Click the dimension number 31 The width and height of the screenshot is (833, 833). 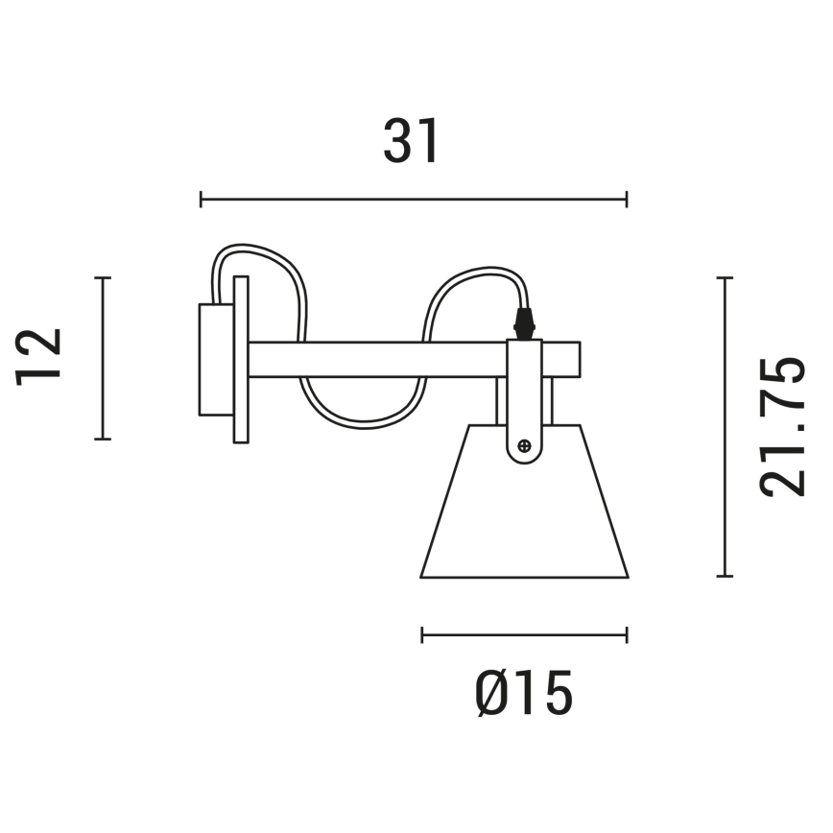pyautogui.click(x=412, y=142)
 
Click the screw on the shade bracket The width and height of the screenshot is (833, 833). pyautogui.click(x=524, y=445)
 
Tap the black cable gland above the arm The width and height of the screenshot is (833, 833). pyautogui.click(x=524, y=322)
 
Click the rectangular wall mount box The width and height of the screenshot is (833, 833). pyautogui.click(x=215, y=360)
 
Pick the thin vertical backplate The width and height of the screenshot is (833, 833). pyautogui.click(x=241, y=360)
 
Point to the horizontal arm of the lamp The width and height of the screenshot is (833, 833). pyautogui.click(x=384, y=359)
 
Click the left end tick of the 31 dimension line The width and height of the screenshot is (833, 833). pyautogui.click(x=201, y=199)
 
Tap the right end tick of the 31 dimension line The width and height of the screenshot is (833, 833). pyautogui.click(x=627, y=199)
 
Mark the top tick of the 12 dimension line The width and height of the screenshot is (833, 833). pyautogui.click(x=103, y=278)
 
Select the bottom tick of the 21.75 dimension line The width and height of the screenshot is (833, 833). pyautogui.click(x=725, y=577)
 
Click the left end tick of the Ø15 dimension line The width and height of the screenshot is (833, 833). pyautogui.click(x=422, y=634)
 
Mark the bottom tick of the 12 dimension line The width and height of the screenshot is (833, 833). pyautogui.click(x=103, y=439)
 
